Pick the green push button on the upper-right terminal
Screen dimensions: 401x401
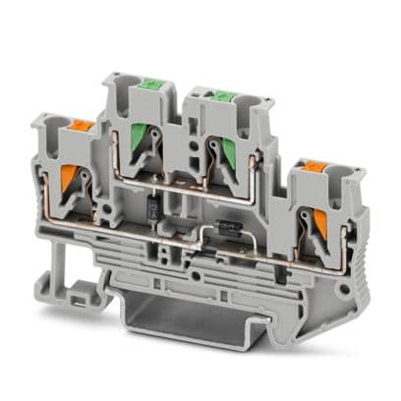pos(223,94)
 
